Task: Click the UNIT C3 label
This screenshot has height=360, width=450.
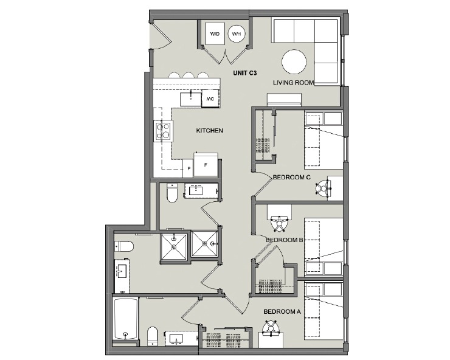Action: coord(245,73)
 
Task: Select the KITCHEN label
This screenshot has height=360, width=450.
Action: coord(209,131)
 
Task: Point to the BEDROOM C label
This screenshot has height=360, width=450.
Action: coord(292,177)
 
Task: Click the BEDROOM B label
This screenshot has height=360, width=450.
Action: coord(285,240)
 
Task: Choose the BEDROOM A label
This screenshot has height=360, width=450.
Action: coord(282,311)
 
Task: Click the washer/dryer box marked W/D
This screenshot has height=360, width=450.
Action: coord(215,35)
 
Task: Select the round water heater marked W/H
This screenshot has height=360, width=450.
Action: coord(236,35)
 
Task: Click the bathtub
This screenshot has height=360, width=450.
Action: coord(126,319)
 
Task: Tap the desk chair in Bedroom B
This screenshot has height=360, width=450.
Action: coord(280,224)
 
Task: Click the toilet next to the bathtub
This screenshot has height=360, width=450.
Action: coord(153,336)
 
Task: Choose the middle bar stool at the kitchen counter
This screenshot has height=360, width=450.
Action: coord(189,76)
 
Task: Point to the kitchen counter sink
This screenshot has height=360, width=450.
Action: coord(191,97)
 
